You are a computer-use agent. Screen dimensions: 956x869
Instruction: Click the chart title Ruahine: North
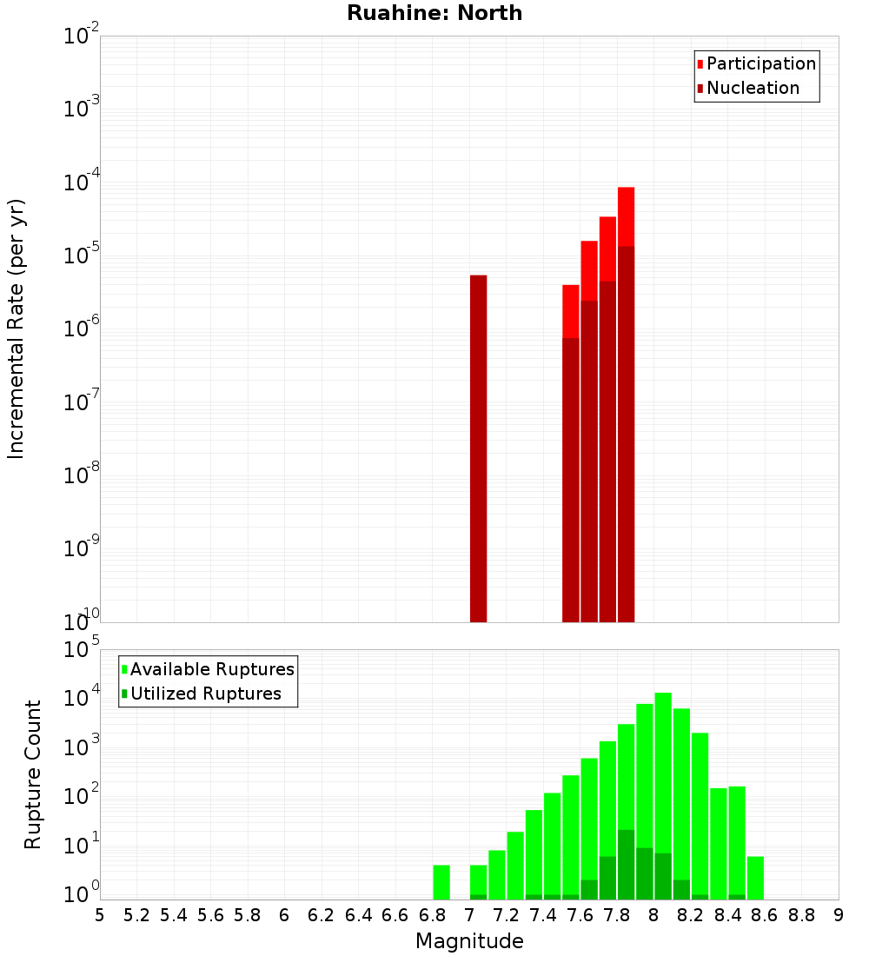434,13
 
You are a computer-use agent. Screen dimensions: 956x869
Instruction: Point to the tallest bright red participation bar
626,216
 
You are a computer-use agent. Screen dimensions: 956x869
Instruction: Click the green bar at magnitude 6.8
441,881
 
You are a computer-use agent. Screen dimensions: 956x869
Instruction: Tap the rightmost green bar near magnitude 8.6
755,877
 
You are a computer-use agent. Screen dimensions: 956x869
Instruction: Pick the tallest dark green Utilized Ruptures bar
626,865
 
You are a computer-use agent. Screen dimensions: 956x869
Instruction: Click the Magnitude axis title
469,941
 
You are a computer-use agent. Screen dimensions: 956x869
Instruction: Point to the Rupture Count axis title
33,774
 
